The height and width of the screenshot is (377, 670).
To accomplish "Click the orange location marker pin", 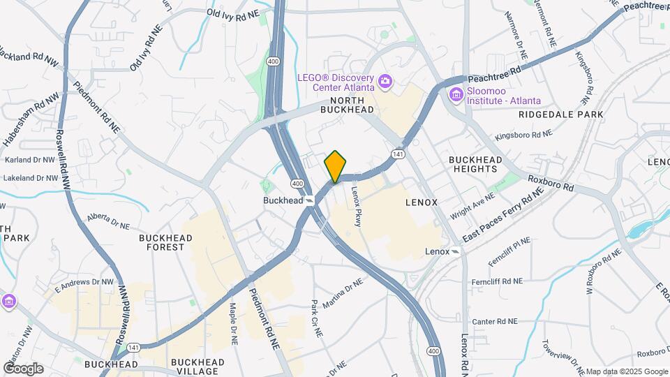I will coord(335,166).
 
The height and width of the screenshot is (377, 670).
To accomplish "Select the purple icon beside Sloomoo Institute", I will coord(456,94).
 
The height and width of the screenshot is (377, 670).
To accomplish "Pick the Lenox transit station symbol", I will coord(456,251).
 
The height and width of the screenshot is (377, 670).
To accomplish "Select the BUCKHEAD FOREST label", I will coord(165,242).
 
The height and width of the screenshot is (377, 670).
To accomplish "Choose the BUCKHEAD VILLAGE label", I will coord(198,367).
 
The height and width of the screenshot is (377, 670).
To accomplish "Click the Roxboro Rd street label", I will coord(551,184).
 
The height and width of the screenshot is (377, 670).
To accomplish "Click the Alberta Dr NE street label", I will coord(109,221).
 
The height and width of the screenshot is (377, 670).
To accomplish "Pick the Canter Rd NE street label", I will coord(494,322).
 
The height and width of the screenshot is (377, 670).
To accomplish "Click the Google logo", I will coord(22,368).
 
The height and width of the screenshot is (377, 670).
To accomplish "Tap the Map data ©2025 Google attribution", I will coord(626,371).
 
